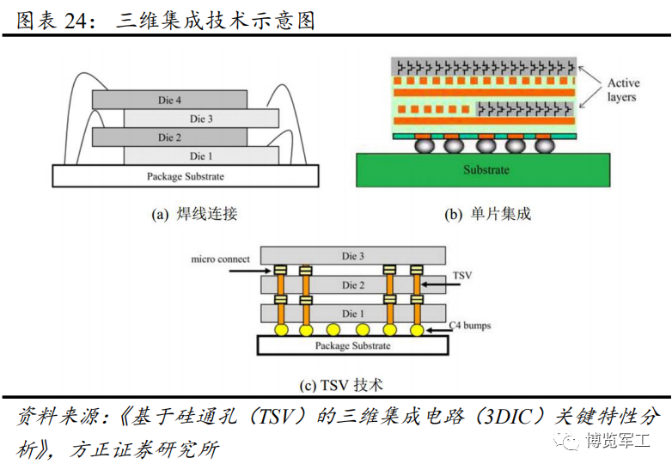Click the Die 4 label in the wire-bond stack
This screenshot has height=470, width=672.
point(169,101)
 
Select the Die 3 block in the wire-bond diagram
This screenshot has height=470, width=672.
point(201,119)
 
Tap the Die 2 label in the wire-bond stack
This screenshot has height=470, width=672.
point(169,137)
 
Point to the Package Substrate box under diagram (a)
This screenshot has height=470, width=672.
point(186,176)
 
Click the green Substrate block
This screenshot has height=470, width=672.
point(483,170)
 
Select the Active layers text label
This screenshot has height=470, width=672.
point(623,89)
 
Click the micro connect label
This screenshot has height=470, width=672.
point(220,259)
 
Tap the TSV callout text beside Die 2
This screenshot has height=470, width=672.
point(462,275)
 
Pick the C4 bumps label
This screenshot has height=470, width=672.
point(470,325)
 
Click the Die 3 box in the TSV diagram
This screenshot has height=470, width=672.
point(353,256)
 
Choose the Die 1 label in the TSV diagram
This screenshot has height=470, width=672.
point(352,314)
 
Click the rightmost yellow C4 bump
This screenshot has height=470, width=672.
point(417,329)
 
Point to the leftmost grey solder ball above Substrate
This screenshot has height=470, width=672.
point(425,146)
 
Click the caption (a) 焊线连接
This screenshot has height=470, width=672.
point(194,214)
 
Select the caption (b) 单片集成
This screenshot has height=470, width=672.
point(488,214)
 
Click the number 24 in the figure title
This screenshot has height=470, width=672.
point(76,21)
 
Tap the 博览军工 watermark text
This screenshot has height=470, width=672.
point(618,440)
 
